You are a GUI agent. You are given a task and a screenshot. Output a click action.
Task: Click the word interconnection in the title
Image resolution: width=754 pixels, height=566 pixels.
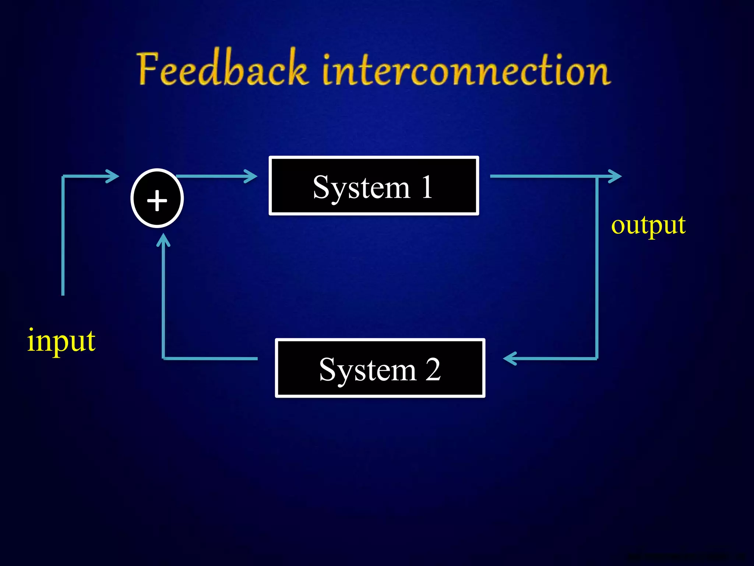(466, 70)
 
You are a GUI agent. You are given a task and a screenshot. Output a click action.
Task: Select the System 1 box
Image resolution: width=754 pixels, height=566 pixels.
(373, 186)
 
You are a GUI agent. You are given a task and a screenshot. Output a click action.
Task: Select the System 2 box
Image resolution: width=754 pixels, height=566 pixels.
(380, 368)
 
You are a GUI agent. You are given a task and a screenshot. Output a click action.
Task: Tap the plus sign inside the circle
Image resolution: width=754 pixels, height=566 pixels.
(157, 201)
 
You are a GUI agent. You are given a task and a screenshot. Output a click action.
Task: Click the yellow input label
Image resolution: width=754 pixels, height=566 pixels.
(61, 341)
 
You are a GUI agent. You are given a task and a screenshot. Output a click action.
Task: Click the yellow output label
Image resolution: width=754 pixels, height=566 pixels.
(648, 225)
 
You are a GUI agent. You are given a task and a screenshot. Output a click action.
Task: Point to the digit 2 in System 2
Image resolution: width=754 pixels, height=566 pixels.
(433, 369)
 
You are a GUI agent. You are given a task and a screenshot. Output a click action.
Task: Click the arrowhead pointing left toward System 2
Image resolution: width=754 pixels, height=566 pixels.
(510, 358)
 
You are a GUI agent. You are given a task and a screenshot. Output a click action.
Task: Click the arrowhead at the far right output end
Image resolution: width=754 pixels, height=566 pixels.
(616, 176)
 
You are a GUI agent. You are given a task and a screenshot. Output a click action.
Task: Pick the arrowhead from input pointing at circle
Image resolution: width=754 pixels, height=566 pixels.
(113, 176)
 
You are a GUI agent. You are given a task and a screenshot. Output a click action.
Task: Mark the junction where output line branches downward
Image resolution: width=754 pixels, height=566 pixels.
(597, 177)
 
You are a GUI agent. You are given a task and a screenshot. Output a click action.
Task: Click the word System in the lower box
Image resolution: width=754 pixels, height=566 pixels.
(367, 370)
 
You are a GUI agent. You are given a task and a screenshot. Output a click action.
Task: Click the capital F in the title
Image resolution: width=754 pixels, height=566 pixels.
(149, 69)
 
